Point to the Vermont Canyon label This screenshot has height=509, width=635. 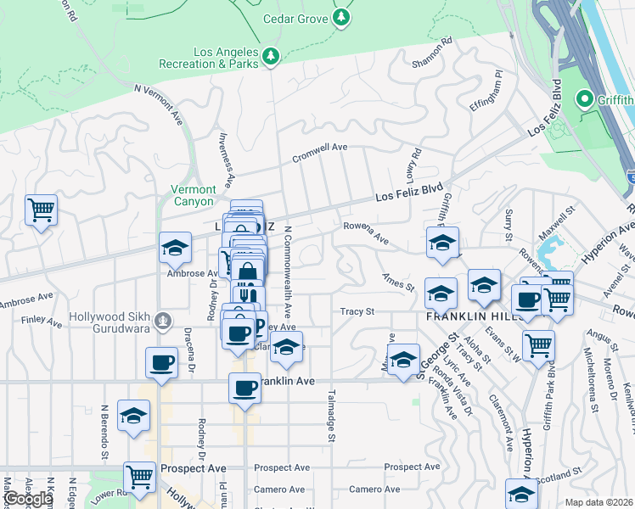point(194,195)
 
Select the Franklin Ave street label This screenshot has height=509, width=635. point(289,382)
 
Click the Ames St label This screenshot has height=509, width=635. point(397,282)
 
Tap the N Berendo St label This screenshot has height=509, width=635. point(104,432)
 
